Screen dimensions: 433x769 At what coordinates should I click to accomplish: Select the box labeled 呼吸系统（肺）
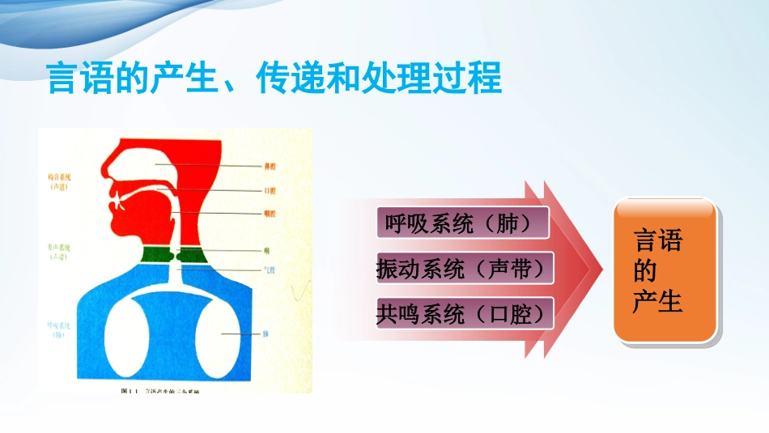(x=463, y=224)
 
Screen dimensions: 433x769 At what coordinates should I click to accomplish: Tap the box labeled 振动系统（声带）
(x=465, y=269)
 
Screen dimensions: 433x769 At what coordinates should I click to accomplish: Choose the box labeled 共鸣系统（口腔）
(x=465, y=313)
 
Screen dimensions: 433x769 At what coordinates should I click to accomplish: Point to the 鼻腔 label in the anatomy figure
(x=271, y=166)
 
